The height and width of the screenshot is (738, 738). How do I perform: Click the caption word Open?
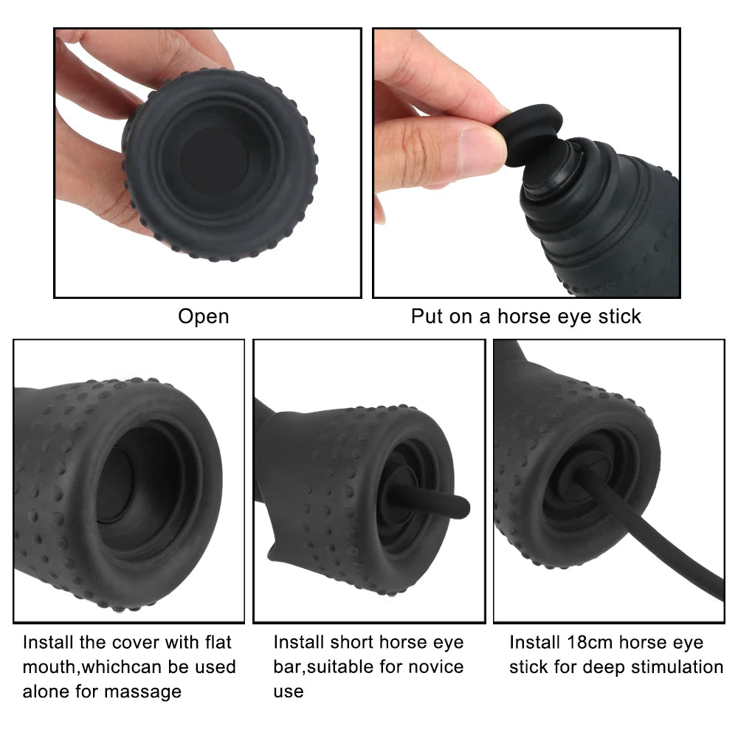tap(204, 317)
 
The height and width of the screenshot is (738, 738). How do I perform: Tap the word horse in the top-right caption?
tap(523, 317)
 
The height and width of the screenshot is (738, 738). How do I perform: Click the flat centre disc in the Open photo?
tap(215, 160)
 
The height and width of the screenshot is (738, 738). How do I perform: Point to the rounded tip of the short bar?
tap(462, 508)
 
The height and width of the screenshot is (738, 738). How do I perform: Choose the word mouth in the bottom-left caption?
tap(49, 667)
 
